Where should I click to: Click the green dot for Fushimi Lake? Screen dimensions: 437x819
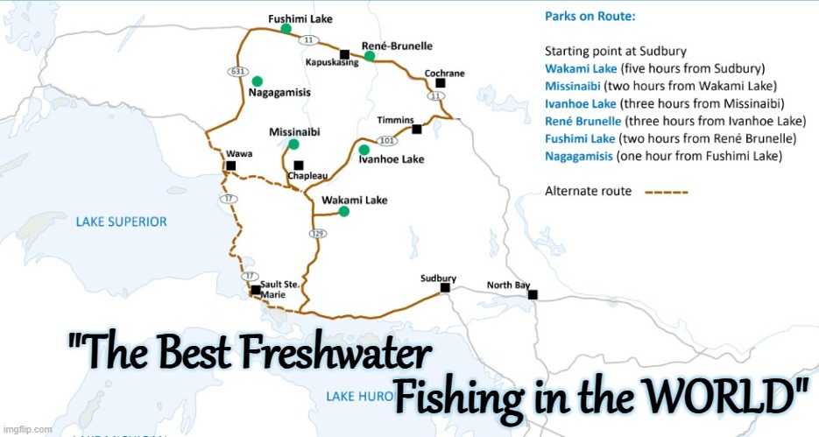[286, 29]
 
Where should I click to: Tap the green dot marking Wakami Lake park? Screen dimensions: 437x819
[344, 211]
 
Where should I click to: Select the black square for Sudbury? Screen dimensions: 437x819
[445, 287]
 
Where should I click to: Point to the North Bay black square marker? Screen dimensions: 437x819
[533, 294]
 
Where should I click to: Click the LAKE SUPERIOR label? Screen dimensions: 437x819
[121, 222]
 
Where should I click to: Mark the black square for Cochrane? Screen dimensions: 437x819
[440, 83]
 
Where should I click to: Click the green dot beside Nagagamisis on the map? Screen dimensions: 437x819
[257, 81]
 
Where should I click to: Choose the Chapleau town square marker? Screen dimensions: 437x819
[299, 165]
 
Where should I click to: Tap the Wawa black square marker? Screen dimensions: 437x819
[230, 165]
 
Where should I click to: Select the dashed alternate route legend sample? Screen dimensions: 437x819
[667, 192]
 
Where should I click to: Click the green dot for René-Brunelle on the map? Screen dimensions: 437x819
[371, 56]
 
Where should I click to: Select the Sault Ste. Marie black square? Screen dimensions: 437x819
[255, 289]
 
